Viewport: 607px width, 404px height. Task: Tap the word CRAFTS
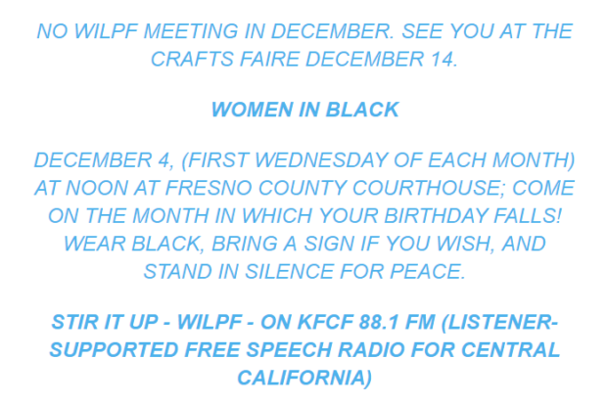tap(192, 60)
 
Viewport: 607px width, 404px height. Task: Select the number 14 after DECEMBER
tap(444, 60)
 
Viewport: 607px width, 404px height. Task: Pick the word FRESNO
tap(209, 188)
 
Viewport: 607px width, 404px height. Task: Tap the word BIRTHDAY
tap(436, 216)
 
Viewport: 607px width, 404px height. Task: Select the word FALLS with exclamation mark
tap(528, 216)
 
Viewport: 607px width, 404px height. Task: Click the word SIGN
tap(329, 244)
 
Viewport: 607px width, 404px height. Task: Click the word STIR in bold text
tap(74, 323)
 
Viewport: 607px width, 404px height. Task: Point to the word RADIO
tap(372, 350)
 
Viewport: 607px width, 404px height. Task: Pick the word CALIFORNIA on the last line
tap(304, 378)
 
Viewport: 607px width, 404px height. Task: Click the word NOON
tap(96, 188)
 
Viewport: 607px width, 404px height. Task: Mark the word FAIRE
tap(269, 60)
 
